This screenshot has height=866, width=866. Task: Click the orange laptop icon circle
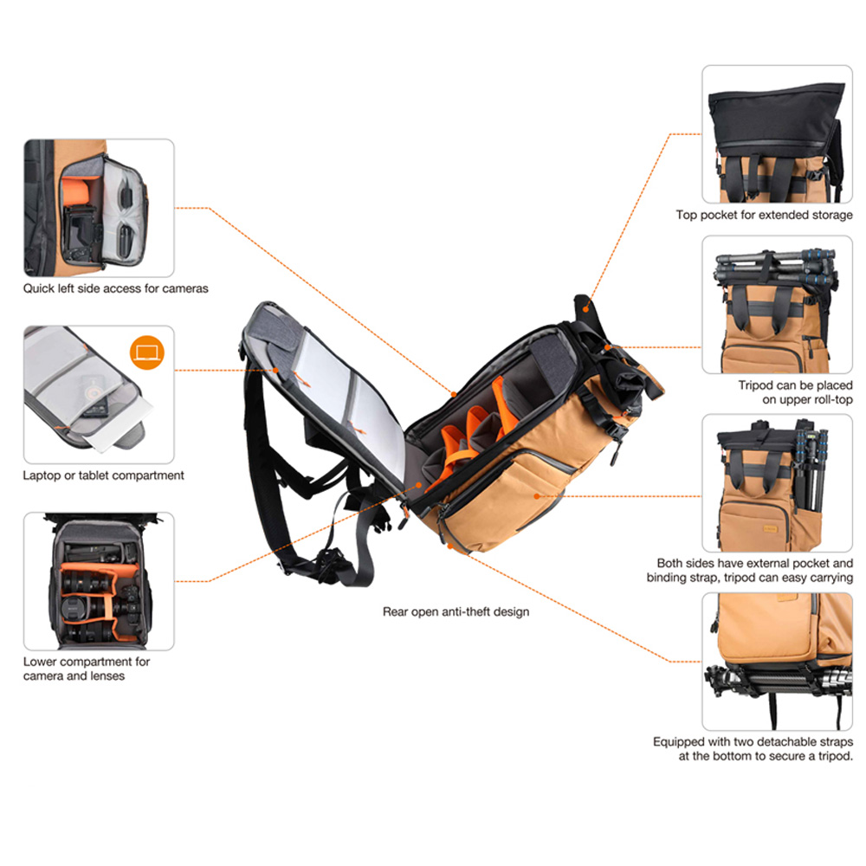(147, 352)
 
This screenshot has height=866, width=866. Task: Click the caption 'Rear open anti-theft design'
(456, 611)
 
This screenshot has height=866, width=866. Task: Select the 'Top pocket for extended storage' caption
(764, 215)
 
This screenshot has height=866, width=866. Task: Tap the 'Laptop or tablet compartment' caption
(103, 475)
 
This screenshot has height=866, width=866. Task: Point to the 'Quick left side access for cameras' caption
(115, 288)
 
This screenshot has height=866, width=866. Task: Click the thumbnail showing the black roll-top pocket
(777, 134)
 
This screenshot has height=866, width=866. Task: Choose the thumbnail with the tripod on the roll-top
(777, 304)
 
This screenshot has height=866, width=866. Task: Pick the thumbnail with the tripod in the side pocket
(777, 482)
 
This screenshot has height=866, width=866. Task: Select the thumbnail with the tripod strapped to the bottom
(777, 661)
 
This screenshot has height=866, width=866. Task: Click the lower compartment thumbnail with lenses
(99, 581)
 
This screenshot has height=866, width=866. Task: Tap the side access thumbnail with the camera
(99, 208)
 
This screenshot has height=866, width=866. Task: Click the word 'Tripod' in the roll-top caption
(755, 385)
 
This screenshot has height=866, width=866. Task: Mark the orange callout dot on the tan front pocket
(537, 496)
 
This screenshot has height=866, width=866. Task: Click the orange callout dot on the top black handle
(586, 309)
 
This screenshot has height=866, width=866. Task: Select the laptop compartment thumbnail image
(99, 394)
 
